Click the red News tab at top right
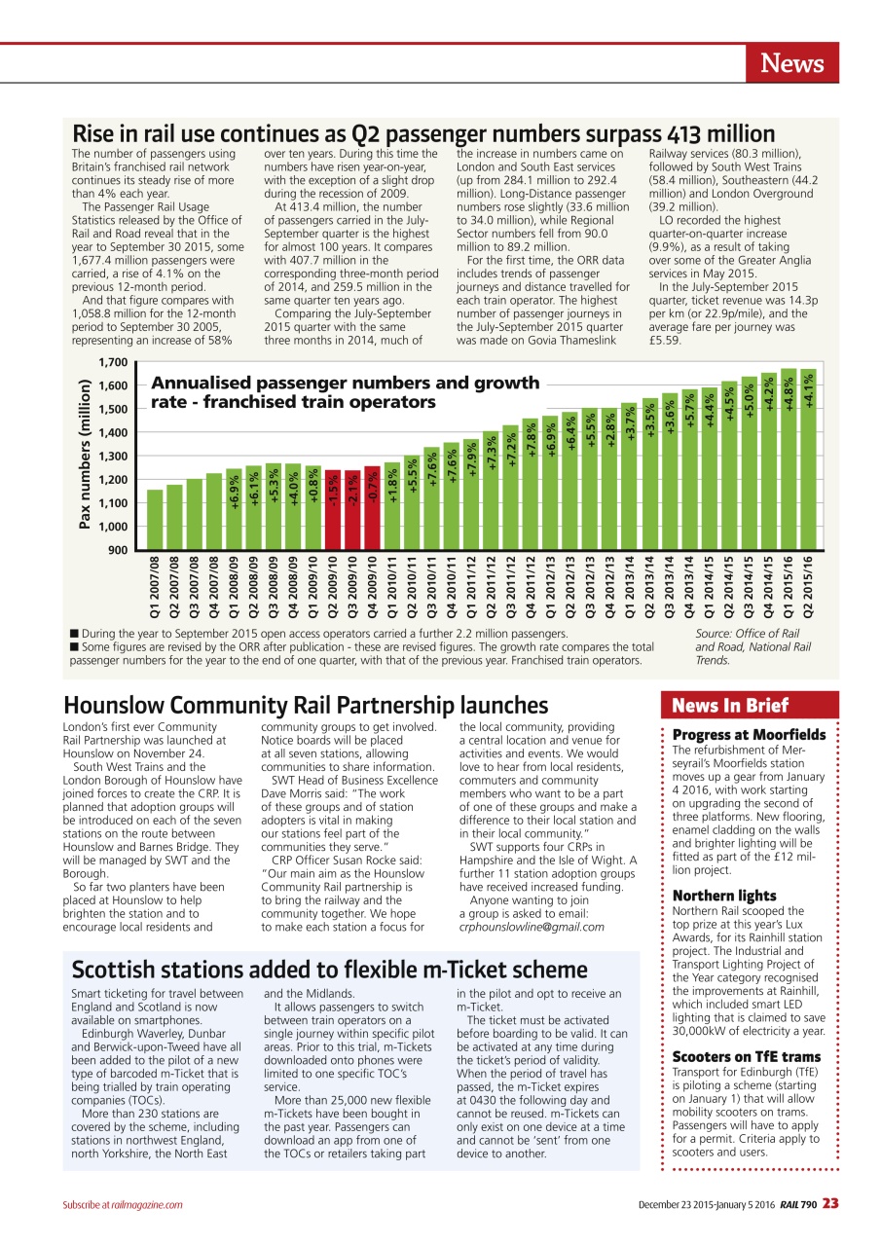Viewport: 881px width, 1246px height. point(791,64)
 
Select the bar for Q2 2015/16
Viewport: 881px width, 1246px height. point(808,458)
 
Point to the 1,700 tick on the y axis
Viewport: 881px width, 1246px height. point(113,361)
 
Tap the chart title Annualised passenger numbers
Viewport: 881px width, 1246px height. point(345,392)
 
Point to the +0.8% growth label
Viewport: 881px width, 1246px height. point(313,485)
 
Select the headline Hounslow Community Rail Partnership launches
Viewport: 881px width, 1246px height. point(306,705)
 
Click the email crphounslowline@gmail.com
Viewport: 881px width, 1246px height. point(531,927)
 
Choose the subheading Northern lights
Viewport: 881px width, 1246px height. point(724,896)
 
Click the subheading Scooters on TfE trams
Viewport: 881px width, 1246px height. point(747,1056)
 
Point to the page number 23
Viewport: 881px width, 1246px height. point(829,1204)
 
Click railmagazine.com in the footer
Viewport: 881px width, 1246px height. point(147,1205)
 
